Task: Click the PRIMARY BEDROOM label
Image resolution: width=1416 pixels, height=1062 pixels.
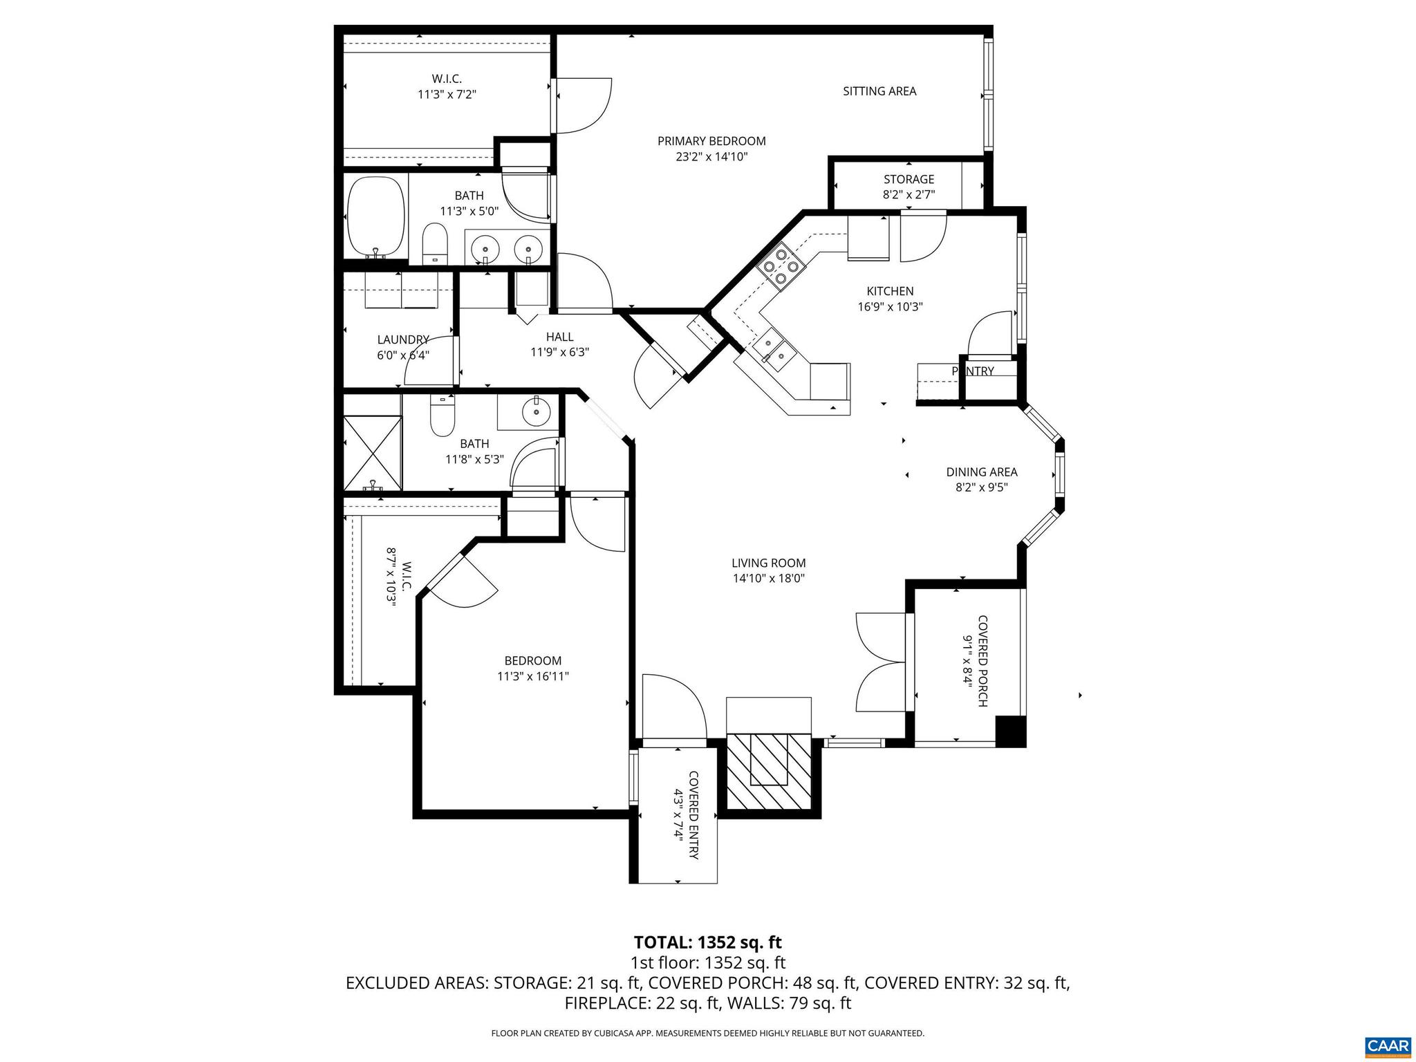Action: (x=711, y=142)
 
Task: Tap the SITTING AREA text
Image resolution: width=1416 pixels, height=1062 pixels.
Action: (x=879, y=91)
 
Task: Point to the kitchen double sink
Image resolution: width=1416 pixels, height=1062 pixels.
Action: (x=774, y=351)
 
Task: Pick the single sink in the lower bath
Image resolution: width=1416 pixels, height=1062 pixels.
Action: (x=536, y=413)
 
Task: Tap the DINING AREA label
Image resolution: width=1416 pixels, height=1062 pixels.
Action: (x=981, y=472)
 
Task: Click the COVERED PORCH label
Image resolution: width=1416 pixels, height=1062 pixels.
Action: (x=982, y=661)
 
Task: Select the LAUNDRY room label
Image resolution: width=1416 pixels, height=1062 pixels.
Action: (x=403, y=339)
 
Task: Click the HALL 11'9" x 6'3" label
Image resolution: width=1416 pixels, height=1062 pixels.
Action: (x=559, y=344)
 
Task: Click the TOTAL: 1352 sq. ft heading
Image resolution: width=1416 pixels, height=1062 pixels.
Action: (x=707, y=942)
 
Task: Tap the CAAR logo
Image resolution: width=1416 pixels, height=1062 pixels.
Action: (x=1387, y=1045)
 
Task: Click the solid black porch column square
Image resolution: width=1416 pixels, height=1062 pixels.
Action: (x=1009, y=732)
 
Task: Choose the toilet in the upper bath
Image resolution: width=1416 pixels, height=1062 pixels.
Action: (x=435, y=243)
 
